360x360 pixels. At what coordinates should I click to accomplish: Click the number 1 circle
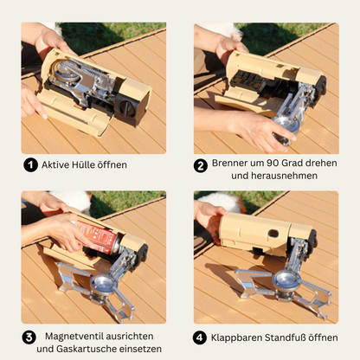tap(31, 165)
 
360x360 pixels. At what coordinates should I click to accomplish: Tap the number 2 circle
tap(200, 165)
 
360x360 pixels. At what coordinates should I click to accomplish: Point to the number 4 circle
tap(201, 337)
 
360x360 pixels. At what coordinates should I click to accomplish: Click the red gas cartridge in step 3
tap(101, 237)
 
